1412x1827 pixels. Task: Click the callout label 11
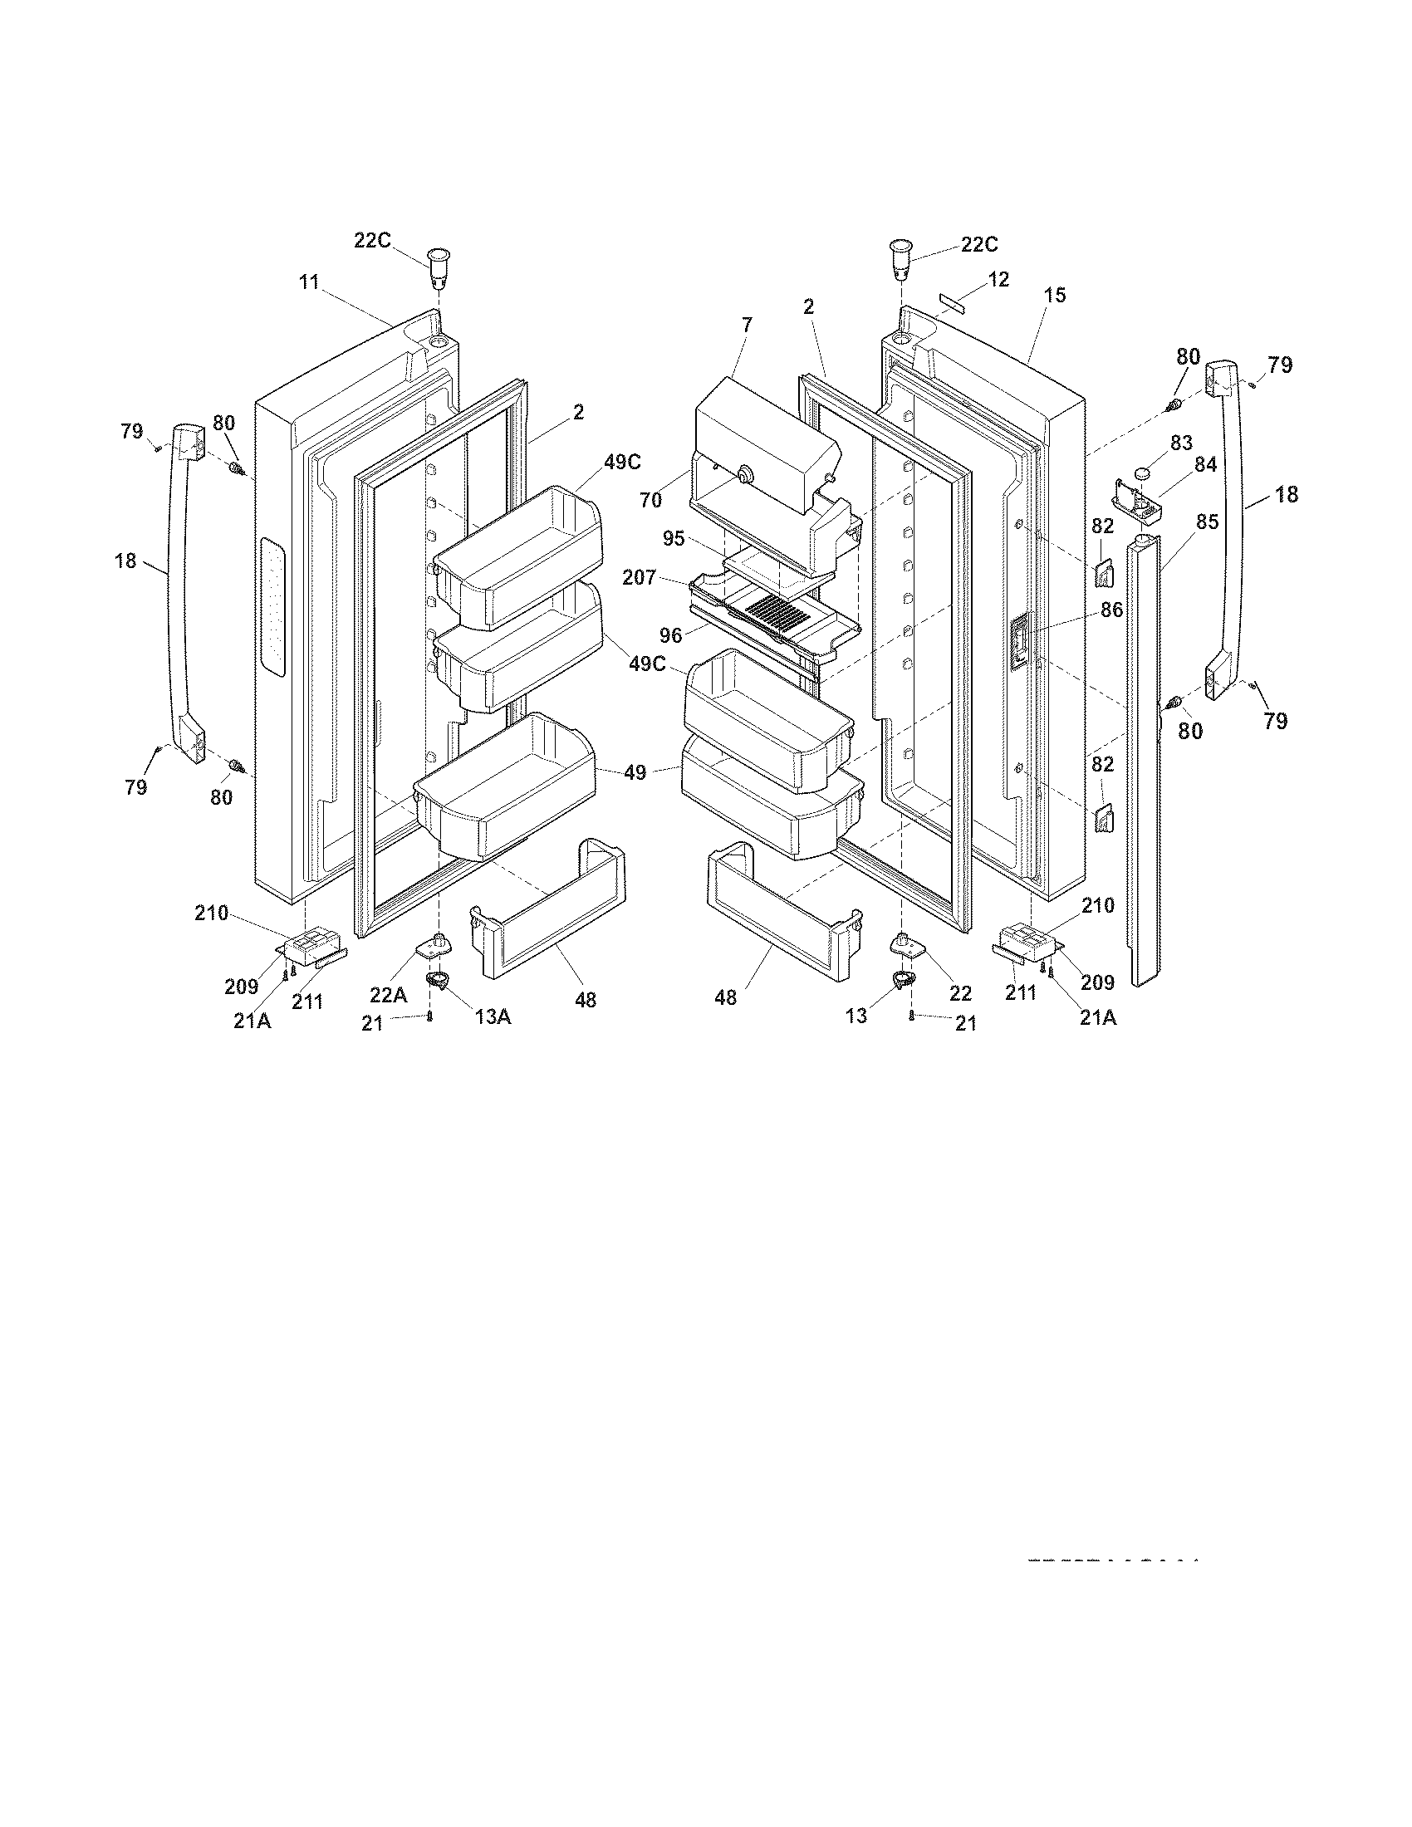(310, 282)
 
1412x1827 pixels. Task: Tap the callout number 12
(998, 279)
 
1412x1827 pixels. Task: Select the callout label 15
(1055, 295)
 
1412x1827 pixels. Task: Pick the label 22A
(388, 994)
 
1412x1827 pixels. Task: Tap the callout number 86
(1110, 610)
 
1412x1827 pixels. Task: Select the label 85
(1206, 522)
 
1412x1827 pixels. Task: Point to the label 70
(650, 500)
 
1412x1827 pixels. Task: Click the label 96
(671, 636)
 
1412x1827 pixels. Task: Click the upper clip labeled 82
(1104, 574)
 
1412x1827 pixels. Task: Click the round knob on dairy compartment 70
(741, 475)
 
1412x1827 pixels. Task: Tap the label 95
(674, 539)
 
